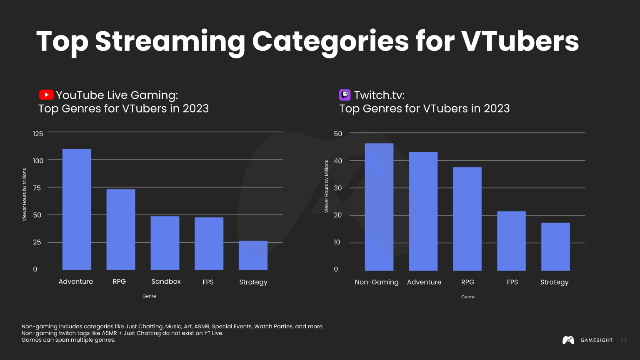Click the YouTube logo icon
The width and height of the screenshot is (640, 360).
(x=46, y=95)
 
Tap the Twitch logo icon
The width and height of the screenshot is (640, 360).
(x=345, y=95)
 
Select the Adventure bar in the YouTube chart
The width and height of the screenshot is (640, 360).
(x=77, y=209)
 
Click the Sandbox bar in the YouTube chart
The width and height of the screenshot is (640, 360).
(x=165, y=243)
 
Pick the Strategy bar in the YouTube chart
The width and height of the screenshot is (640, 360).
(x=253, y=255)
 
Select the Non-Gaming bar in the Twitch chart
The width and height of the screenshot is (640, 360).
(x=379, y=207)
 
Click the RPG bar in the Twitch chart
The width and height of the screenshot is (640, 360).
(x=467, y=219)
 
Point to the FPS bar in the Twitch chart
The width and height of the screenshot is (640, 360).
(x=511, y=241)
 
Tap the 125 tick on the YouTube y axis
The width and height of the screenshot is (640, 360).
(x=38, y=134)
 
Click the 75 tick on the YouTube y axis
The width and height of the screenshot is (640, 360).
(x=37, y=188)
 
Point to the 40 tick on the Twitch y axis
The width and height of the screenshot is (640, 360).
(x=337, y=161)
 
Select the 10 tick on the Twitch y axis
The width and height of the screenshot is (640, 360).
(x=337, y=242)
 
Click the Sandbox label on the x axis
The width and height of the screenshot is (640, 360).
(x=166, y=282)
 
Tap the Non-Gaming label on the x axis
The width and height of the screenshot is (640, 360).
(x=376, y=282)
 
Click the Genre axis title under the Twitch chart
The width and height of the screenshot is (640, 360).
(x=467, y=297)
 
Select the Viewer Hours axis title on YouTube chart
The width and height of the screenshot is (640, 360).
(x=24, y=195)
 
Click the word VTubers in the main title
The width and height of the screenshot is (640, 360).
(x=520, y=41)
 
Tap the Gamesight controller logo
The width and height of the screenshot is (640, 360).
(x=568, y=340)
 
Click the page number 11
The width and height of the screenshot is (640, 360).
(x=623, y=340)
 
